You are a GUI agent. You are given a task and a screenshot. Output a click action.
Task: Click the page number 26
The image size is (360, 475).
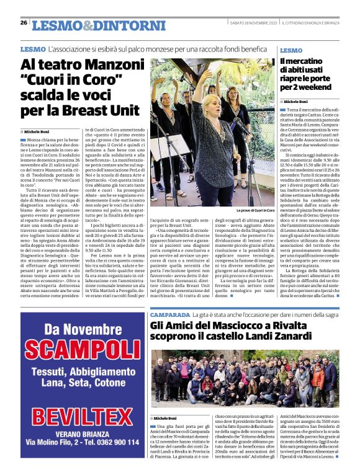[x=24, y=23]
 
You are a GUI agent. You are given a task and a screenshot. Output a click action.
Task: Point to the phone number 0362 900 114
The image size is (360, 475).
[x=115, y=459]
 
